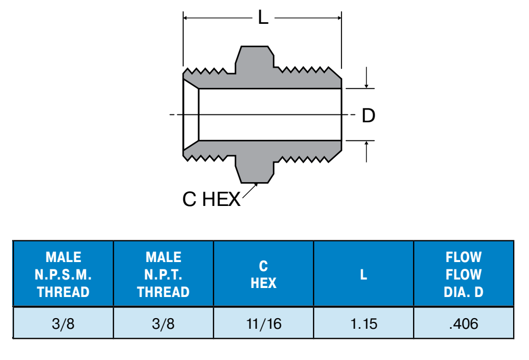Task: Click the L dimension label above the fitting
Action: tap(263, 17)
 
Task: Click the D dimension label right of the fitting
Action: tap(369, 115)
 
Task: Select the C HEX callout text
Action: tap(211, 199)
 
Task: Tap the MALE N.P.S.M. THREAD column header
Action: tap(63, 274)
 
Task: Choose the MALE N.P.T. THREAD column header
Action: tap(163, 274)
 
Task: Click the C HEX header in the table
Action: tap(264, 274)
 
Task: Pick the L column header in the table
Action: tap(363, 275)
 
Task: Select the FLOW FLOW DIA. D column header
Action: tap(463, 274)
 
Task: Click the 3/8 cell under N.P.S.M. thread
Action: tap(63, 324)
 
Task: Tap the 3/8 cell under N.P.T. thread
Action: tap(163, 324)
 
